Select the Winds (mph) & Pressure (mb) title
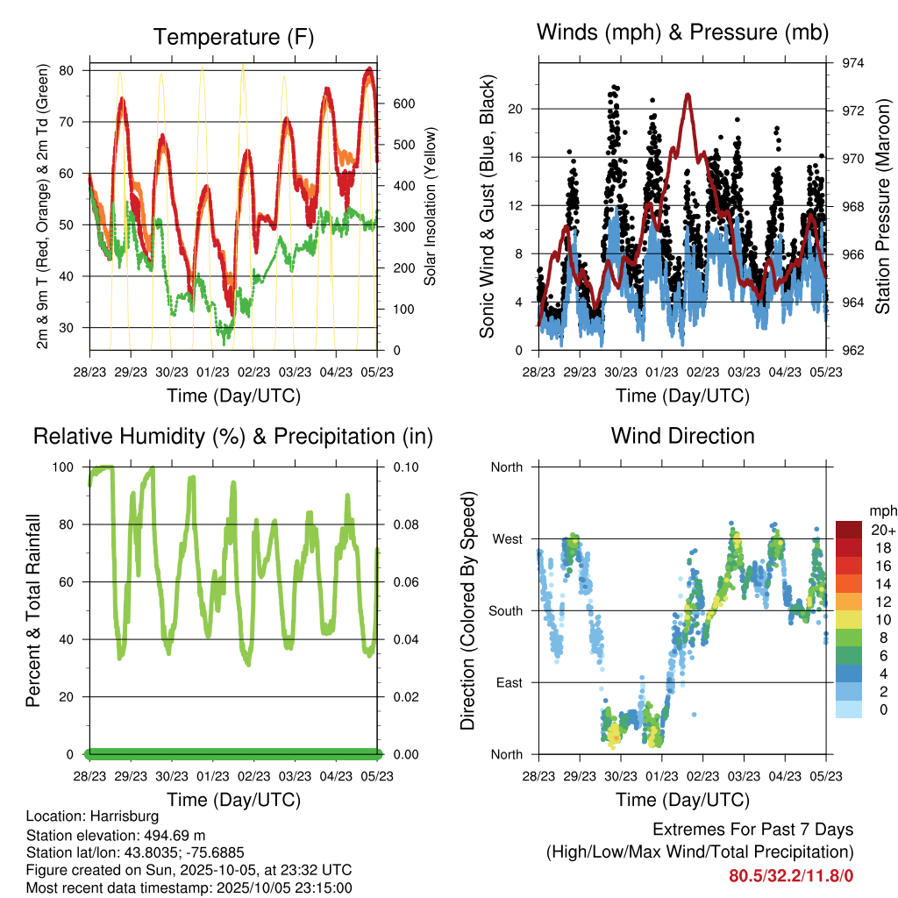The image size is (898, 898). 682,32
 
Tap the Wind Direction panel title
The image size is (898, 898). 682,435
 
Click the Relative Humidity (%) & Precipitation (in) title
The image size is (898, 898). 232,436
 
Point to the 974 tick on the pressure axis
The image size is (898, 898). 841,63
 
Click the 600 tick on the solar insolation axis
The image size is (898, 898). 403,103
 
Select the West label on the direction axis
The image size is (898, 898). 506,538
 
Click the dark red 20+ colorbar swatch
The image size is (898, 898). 849,530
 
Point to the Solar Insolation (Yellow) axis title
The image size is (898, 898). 431,207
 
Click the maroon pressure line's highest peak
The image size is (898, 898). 688,95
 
